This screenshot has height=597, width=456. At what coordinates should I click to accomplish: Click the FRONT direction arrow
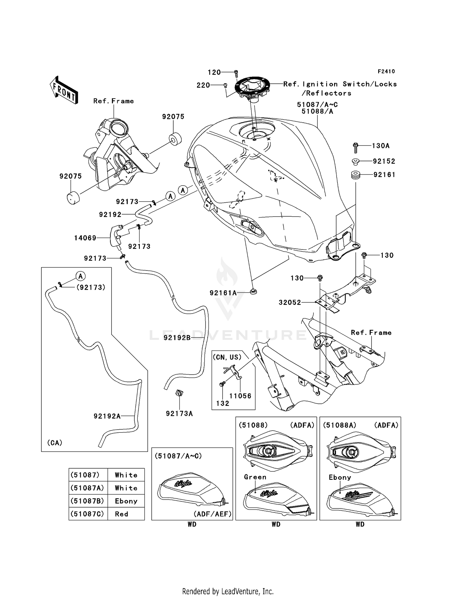64,90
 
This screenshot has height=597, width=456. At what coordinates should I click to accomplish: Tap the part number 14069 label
85,238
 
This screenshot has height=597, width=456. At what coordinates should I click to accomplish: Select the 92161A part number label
223,293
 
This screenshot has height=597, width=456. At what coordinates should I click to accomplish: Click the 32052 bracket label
290,302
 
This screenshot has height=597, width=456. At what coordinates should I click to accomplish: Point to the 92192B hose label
177,337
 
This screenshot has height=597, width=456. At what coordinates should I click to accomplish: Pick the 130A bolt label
381,146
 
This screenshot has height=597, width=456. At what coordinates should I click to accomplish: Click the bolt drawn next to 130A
355,148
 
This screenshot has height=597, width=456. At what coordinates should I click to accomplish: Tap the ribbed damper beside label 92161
356,175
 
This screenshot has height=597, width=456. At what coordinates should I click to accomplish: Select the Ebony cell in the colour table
126,501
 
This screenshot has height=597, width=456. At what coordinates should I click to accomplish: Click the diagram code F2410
386,72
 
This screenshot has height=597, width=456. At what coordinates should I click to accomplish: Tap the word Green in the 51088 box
255,477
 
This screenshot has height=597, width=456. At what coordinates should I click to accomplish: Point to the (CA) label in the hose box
55,443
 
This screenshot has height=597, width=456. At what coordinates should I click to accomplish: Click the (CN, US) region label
227,357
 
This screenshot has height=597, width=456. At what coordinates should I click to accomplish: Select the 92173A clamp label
179,414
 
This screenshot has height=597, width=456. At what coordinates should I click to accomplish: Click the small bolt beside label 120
236,73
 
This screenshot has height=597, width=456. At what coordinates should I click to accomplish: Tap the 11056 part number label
240,396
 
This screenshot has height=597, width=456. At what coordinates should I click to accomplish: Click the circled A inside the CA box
81,276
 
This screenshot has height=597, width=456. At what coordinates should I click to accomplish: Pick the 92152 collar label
384,161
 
